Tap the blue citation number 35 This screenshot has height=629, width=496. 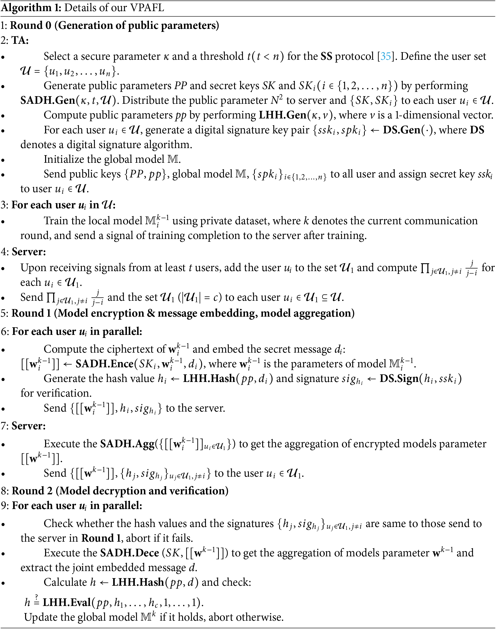[386, 56]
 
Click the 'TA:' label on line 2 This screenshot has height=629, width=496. [20, 40]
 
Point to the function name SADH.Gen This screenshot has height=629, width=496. [48, 100]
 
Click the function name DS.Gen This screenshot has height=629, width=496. [401, 130]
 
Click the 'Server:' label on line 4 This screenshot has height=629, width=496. [29, 252]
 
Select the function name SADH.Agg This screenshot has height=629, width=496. [127, 444]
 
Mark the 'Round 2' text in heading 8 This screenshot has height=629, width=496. [32, 491]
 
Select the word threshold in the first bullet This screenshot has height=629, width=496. [222, 56]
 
